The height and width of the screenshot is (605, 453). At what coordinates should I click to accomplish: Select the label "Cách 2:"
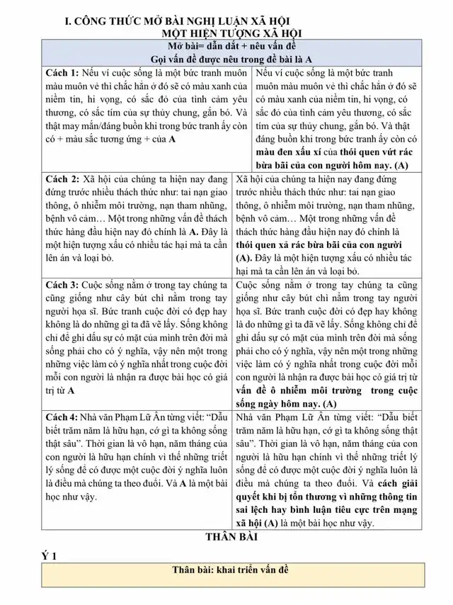tap(62, 179)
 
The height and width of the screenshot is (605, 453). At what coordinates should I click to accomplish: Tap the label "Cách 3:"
tap(62, 285)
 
